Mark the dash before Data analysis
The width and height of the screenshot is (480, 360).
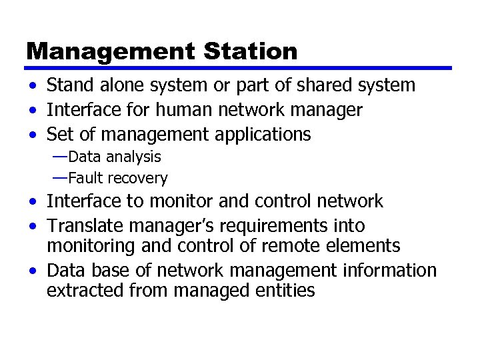60,157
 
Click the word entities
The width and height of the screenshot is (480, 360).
287,291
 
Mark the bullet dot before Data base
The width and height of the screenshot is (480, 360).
33,271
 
